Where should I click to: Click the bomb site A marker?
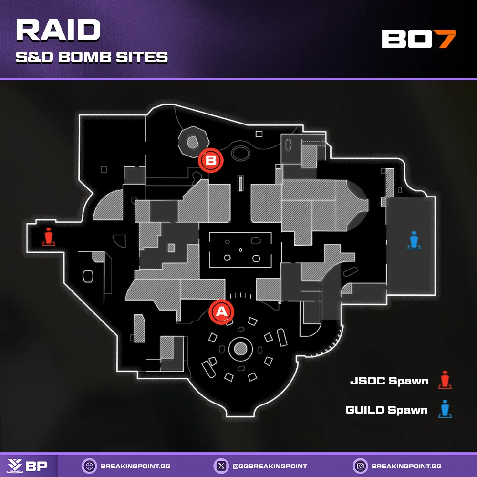[222, 312]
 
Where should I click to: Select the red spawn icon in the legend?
[446, 380]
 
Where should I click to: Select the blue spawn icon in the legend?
[446, 409]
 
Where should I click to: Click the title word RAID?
[58, 31]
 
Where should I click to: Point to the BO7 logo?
[419, 39]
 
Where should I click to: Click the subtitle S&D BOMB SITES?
[92, 57]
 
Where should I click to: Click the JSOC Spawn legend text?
[389, 381]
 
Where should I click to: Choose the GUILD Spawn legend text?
[386, 410]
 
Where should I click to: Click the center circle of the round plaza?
[240, 349]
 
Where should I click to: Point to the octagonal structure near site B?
[193, 141]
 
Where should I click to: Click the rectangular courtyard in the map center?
[241, 249]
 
